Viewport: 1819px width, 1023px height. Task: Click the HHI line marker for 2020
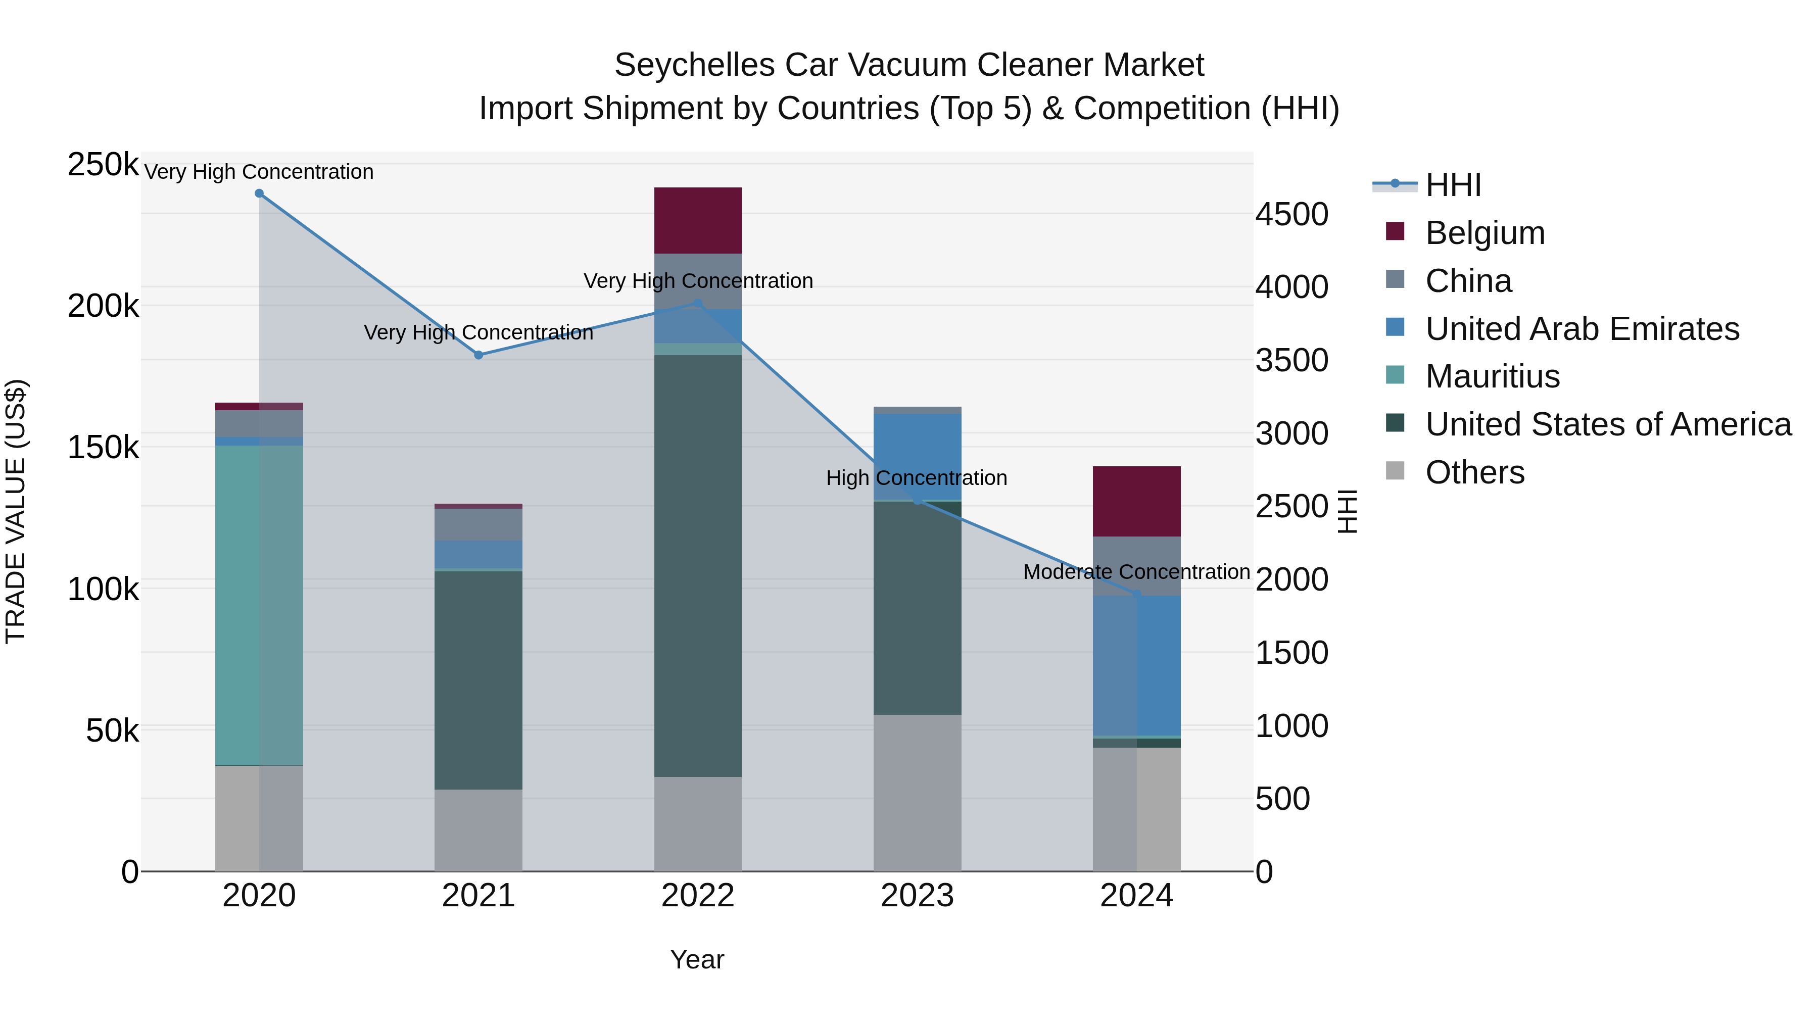(259, 193)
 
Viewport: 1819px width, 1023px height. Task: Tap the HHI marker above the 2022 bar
(698, 304)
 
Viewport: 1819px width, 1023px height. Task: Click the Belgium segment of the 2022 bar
(698, 220)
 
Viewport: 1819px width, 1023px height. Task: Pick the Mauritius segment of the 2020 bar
(259, 605)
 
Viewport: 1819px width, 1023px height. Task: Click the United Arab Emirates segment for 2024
(1137, 666)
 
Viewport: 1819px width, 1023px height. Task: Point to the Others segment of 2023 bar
(917, 792)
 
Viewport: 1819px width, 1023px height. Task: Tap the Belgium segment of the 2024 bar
(1137, 501)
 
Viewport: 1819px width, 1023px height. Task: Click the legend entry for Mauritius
(1492, 376)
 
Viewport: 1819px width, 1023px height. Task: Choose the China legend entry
(1468, 281)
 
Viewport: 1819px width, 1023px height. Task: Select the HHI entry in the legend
(1453, 185)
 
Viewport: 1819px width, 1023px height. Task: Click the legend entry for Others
(1474, 472)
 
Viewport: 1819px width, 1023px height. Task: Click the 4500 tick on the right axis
(1291, 215)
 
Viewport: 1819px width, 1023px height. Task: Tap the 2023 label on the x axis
(917, 896)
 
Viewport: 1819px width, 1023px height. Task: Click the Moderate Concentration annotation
(1136, 572)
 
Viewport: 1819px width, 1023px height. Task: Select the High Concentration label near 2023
(917, 478)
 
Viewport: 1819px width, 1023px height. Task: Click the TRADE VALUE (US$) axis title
(16, 511)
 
